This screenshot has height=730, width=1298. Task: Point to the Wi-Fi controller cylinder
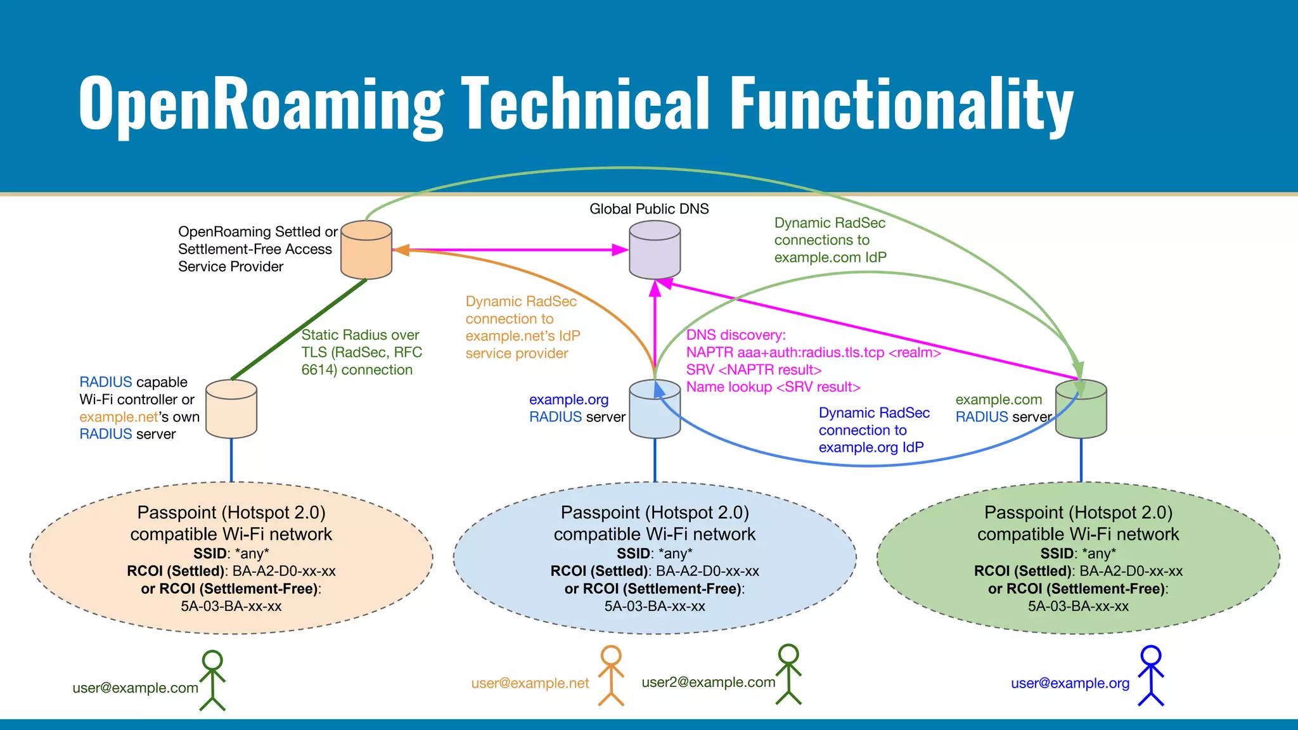pyautogui.click(x=231, y=410)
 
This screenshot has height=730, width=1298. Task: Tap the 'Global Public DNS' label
pyautogui.click(x=649, y=209)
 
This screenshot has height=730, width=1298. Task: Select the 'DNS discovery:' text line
pyautogui.click(x=735, y=335)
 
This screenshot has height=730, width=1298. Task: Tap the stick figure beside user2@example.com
pyautogui.click(x=788, y=674)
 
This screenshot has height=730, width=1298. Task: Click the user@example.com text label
pyautogui.click(x=135, y=688)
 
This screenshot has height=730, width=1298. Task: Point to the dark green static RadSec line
pyautogui.click(x=298, y=330)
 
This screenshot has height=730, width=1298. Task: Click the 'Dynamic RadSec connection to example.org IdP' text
pyautogui.click(x=873, y=430)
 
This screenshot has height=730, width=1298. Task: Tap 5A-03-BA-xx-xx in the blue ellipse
pyautogui.click(x=655, y=606)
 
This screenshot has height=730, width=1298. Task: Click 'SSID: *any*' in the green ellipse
pyautogui.click(x=1078, y=553)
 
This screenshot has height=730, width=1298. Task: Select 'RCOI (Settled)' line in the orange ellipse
pyautogui.click(x=231, y=571)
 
